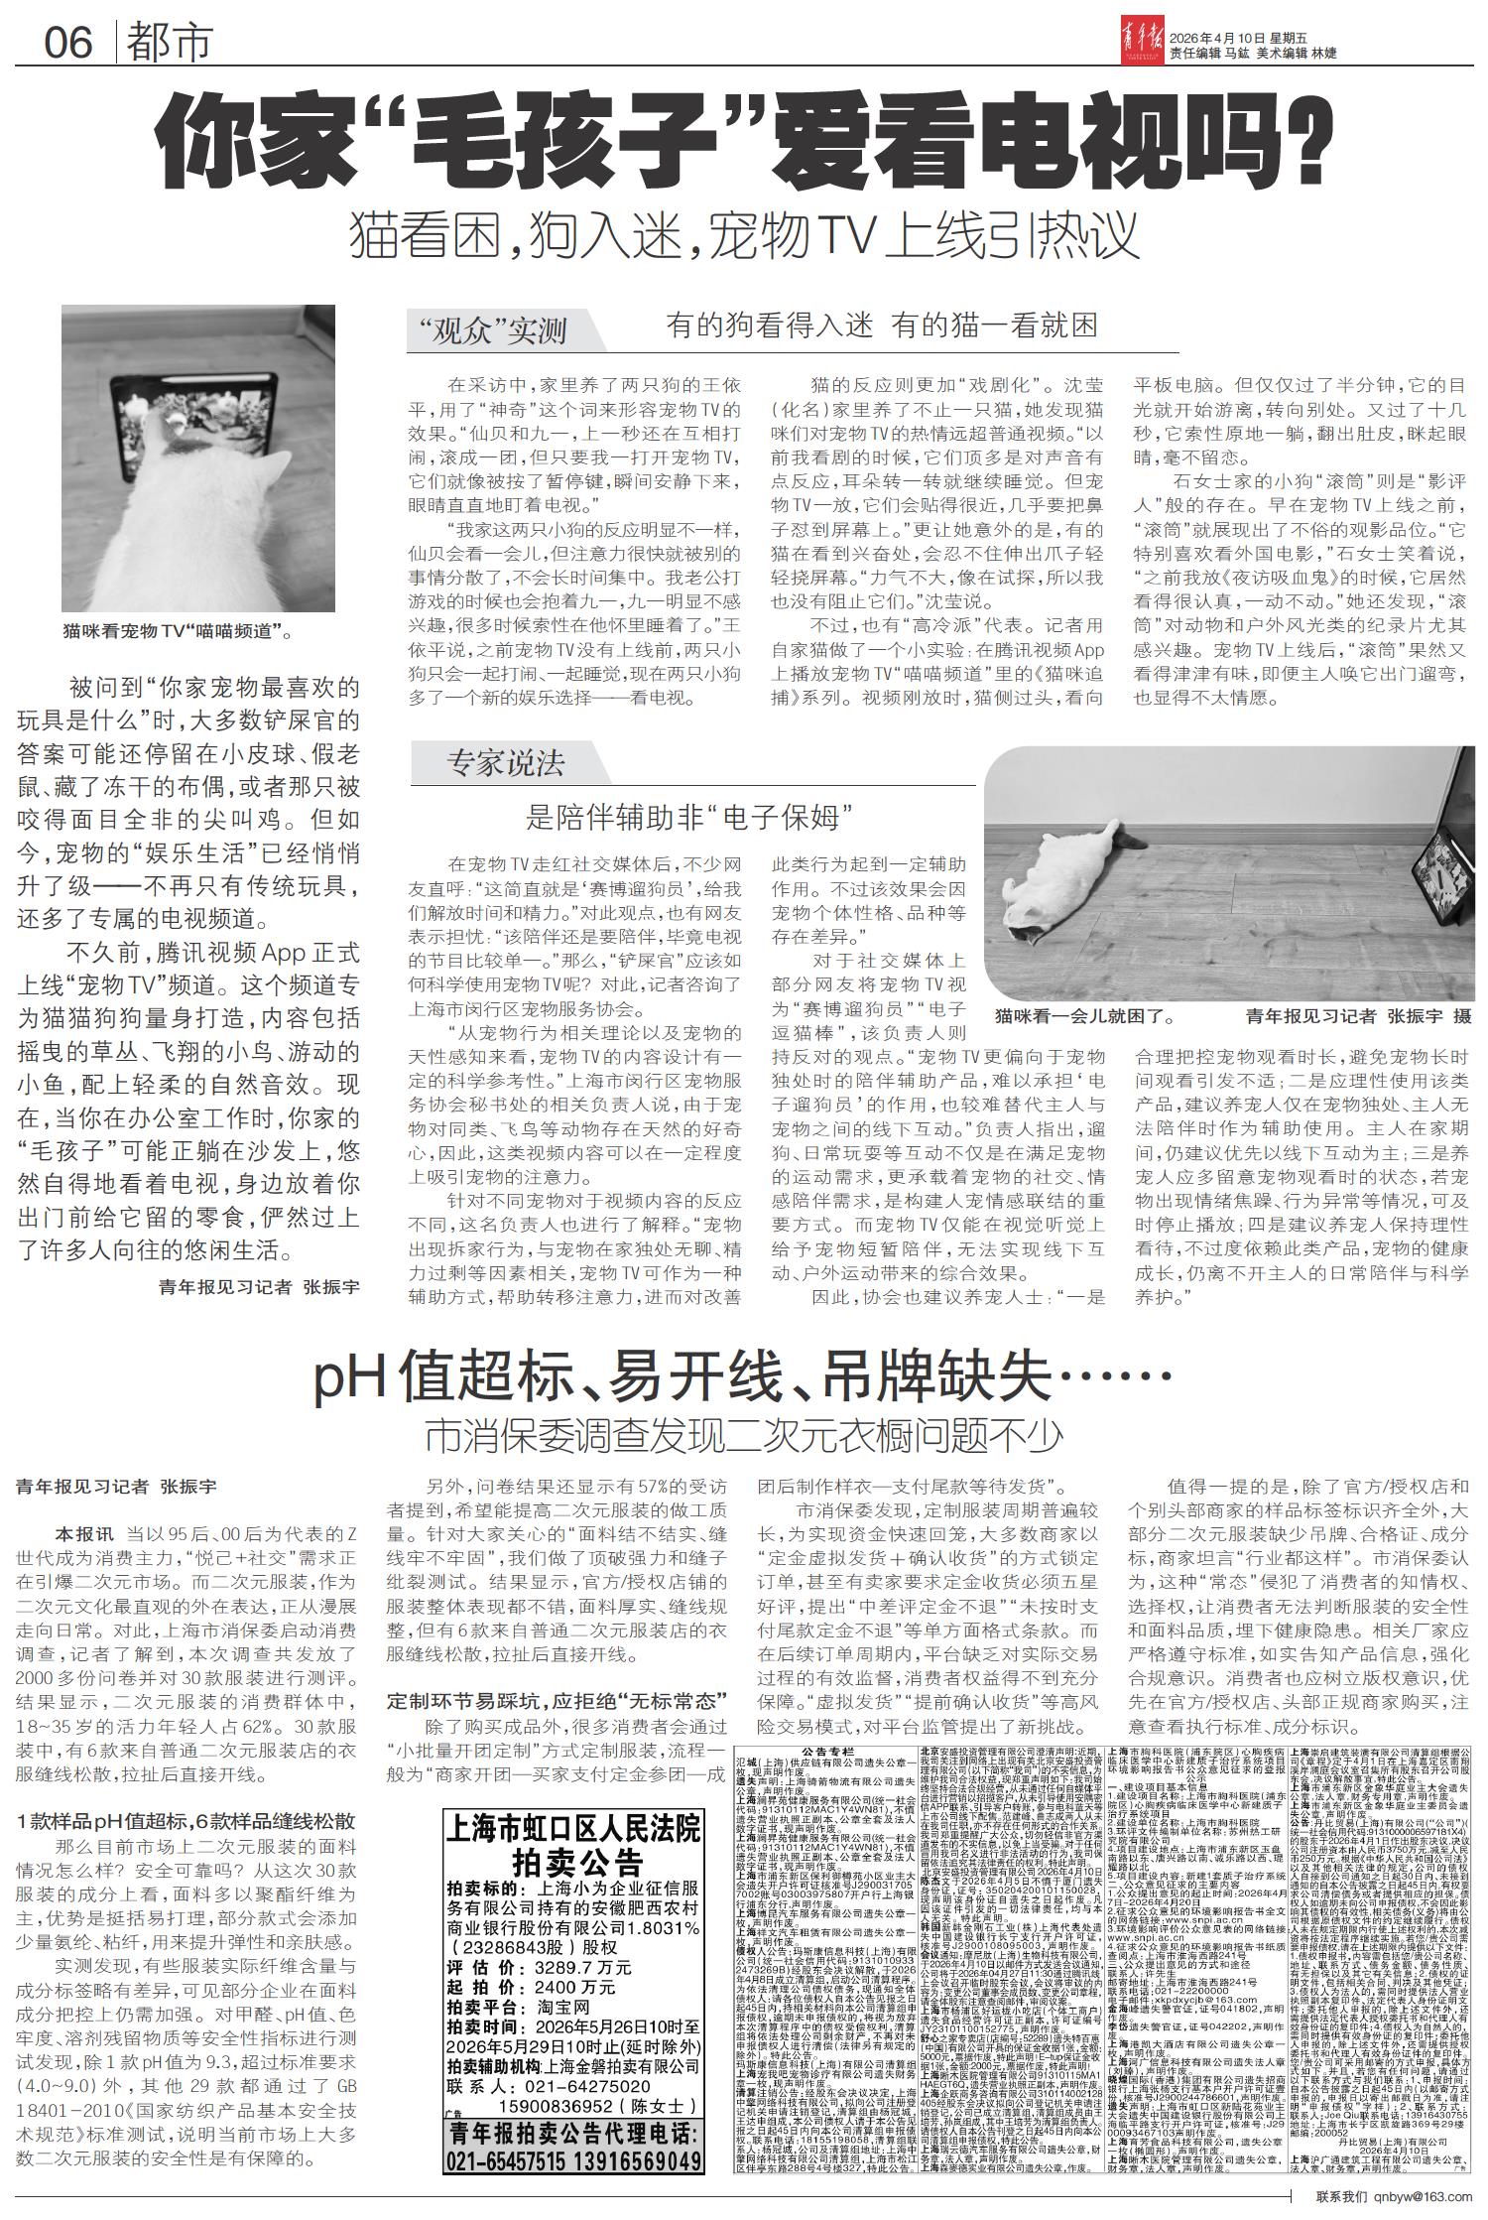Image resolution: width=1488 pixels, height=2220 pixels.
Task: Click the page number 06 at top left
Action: tap(67, 43)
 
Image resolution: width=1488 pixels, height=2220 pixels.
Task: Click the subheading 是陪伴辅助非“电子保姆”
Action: tap(690, 818)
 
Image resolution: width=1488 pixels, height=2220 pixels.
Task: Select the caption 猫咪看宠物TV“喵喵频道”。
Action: tap(180, 630)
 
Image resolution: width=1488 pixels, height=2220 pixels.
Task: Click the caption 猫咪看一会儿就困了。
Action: tap(1086, 1016)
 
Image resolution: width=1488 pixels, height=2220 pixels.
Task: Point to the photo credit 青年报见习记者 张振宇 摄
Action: tap(1359, 1016)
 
